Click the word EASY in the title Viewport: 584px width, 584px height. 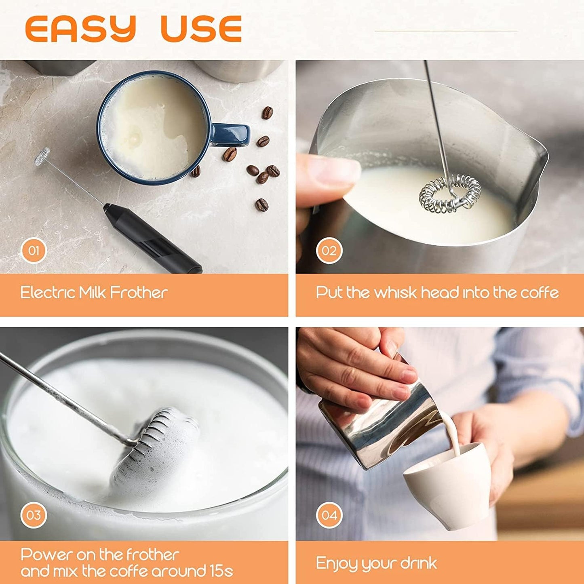[x=80, y=29]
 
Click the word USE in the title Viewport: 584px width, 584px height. [x=201, y=29]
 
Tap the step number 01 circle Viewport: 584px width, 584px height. [x=34, y=251]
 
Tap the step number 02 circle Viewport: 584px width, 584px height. [x=329, y=251]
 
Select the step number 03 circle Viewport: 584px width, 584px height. [x=34, y=515]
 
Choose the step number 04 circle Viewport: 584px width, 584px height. [x=329, y=515]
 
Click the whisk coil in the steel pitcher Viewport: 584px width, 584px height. [x=450, y=193]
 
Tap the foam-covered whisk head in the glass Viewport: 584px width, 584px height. [x=158, y=449]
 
